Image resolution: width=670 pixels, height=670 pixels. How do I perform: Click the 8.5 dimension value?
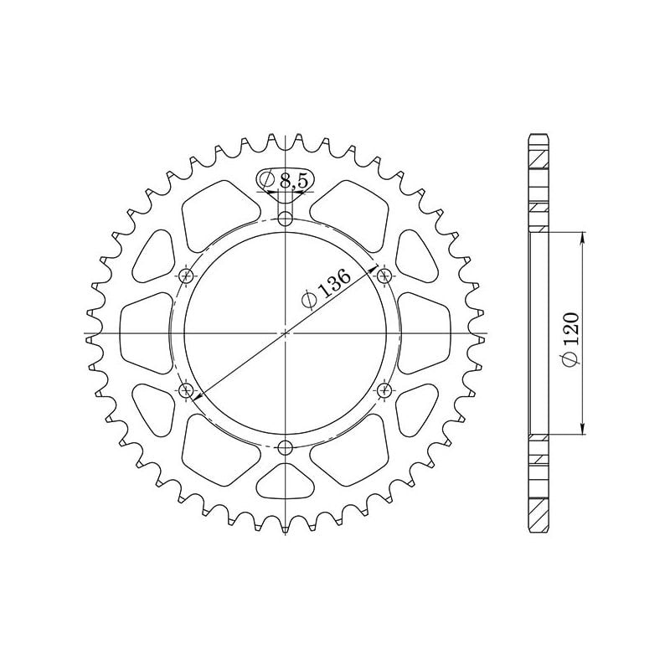293,180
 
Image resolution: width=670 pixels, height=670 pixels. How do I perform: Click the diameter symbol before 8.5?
267,180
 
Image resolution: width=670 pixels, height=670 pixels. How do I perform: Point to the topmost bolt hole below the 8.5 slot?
286,219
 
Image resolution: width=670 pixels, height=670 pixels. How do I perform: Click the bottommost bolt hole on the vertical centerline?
286,446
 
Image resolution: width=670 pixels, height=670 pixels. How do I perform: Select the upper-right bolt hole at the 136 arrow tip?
385,276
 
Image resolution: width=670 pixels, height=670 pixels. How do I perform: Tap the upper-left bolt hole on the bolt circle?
186,276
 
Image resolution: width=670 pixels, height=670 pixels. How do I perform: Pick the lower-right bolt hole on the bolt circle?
385,389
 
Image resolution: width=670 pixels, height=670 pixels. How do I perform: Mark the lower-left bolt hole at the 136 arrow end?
186,389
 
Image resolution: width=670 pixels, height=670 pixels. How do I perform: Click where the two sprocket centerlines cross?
286,333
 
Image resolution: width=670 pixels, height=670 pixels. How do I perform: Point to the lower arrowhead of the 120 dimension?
583,429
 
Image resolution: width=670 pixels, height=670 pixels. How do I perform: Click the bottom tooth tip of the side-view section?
539,531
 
